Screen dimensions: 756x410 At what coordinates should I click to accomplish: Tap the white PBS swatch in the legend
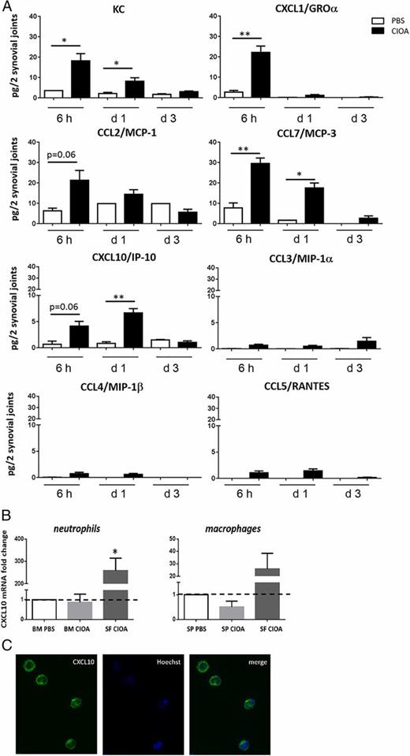click(365, 18)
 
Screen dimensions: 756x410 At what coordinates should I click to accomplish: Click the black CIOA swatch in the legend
click(365, 28)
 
